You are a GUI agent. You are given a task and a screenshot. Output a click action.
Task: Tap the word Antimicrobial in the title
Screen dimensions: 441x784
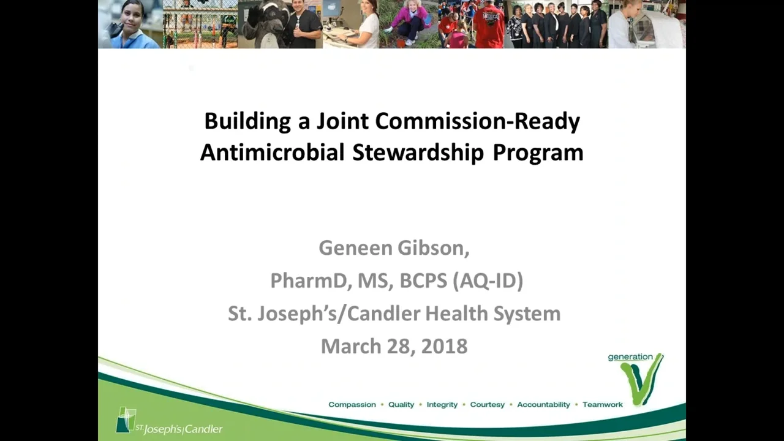coord(272,153)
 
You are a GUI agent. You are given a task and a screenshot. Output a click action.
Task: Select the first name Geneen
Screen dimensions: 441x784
coord(355,248)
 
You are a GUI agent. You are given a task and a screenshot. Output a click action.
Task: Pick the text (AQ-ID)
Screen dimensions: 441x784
coord(488,281)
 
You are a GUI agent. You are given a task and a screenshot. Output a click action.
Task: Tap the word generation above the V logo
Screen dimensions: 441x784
coord(630,357)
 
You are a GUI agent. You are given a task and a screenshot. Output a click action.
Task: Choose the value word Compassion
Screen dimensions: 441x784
coord(352,405)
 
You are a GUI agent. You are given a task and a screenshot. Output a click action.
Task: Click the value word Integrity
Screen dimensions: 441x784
coord(442,405)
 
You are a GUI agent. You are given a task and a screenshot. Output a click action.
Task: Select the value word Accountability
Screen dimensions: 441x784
coord(543,405)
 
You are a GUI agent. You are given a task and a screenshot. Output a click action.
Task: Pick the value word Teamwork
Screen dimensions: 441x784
coord(603,405)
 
